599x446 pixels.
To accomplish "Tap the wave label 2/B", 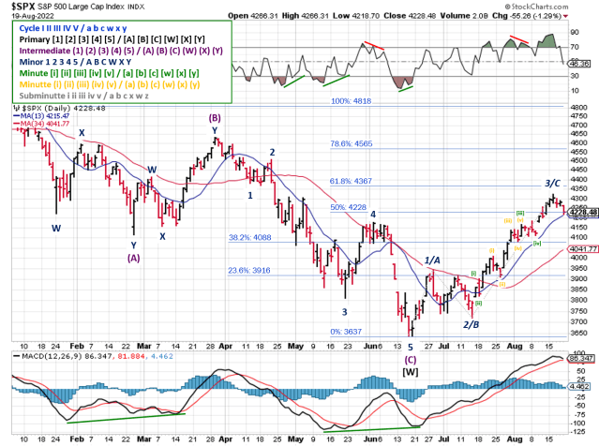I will tap(471, 323).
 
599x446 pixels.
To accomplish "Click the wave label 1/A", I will tap(433, 260).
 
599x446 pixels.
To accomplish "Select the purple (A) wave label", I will tap(134, 257).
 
